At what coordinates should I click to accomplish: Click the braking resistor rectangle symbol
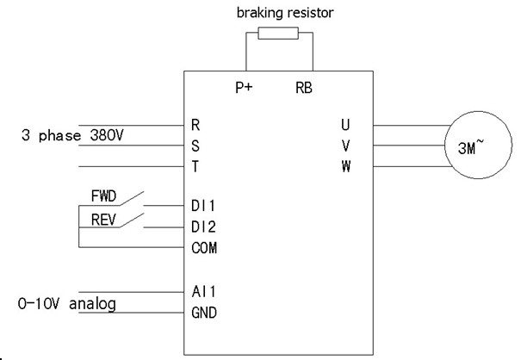click(x=278, y=34)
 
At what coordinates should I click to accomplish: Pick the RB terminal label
click(x=304, y=88)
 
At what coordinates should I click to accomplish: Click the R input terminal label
click(x=196, y=126)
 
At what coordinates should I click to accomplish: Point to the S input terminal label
click(x=196, y=146)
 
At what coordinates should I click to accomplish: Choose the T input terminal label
click(x=196, y=166)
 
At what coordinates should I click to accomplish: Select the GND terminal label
click(x=203, y=312)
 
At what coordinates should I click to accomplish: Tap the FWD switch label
click(x=103, y=197)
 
